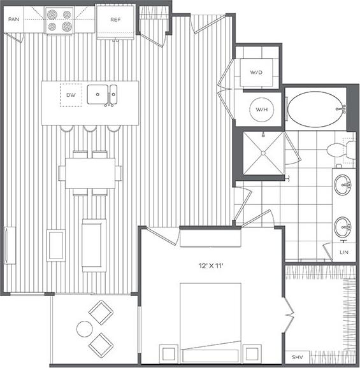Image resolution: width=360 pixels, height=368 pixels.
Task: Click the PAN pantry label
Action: coord(13,20)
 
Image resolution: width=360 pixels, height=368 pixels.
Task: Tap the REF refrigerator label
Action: coord(115,20)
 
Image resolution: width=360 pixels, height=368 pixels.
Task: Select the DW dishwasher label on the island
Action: coord(71,95)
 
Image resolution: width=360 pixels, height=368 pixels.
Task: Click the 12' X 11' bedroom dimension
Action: coord(210,262)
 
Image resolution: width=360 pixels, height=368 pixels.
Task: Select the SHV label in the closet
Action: coord(296,357)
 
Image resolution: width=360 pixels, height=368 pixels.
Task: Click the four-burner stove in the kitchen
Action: coord(60,20)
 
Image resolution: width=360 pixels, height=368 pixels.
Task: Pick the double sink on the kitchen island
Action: coord(102,95)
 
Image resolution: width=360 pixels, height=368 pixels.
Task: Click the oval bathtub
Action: coord(315,110)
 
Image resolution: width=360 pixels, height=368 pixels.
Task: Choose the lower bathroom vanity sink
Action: coord(342,227)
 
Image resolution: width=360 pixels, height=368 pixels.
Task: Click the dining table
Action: coord(90,173)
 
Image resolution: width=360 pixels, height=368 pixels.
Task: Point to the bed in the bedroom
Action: coord(210,318)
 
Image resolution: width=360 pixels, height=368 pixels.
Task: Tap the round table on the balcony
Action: coord(85,329)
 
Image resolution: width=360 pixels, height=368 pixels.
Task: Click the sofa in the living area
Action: coord(94,243)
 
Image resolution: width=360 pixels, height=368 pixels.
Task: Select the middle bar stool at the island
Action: coord(89,129)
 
